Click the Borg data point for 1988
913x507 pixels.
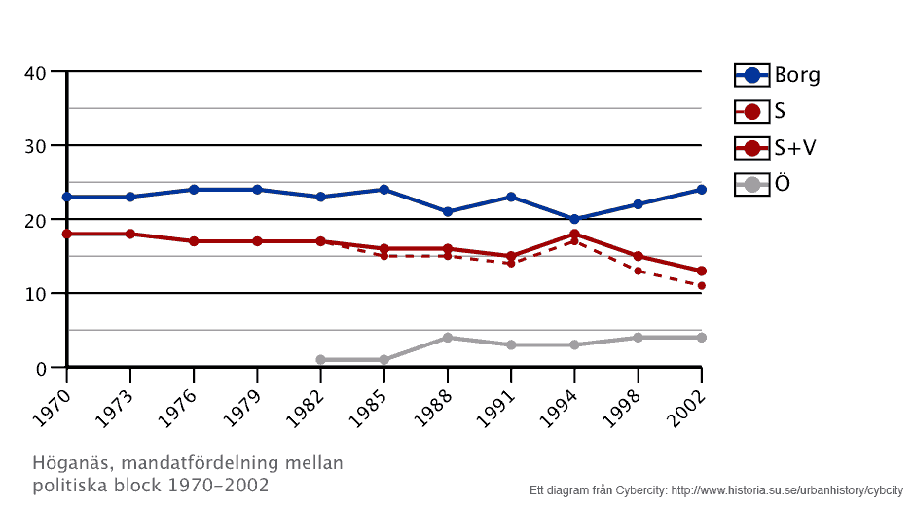(x=448, y=211)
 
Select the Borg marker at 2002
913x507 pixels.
(x=701, y=190)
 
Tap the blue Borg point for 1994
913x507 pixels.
(x=574, y=219)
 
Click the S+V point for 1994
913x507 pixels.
(x=574, y=235)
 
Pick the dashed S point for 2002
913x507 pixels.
(x=701, y=286)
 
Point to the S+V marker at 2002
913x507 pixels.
(x=701, y=272)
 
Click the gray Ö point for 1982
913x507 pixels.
(x=320, y=360)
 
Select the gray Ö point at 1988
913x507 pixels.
(x=448, y=338)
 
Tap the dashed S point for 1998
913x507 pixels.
(x=638, y=271)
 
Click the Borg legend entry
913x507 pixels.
(x=778, y=75)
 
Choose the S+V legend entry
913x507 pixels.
(x=776, y=148)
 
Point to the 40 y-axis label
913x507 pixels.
(x=36, y=73)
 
